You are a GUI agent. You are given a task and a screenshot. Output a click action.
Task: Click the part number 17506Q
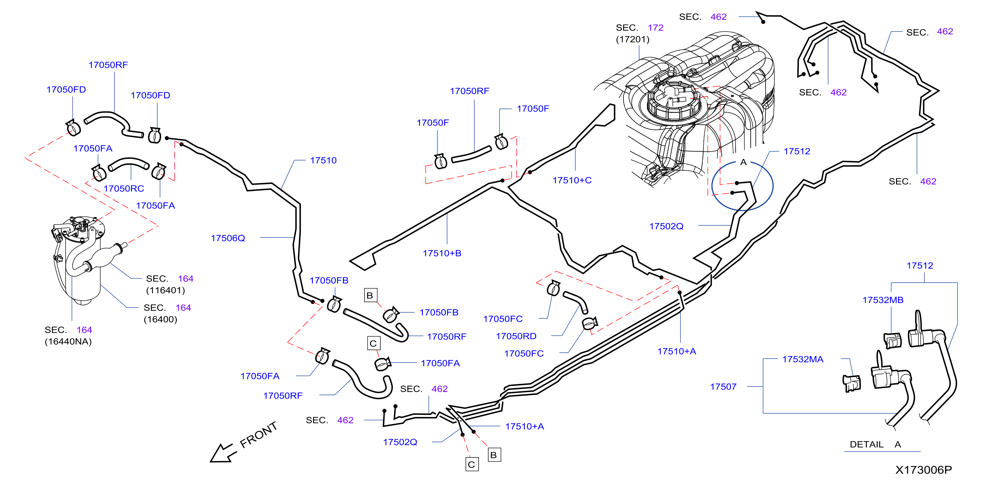pos(228,238)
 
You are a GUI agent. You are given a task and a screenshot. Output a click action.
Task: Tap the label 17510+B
pos(442,253)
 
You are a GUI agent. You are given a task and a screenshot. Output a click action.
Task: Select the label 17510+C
pos(572,180)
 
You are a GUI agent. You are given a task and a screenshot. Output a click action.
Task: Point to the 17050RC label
pos(124,189)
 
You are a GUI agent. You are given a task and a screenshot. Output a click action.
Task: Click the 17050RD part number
pos(516,336)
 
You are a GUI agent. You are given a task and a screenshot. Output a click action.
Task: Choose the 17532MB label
pos(883,300)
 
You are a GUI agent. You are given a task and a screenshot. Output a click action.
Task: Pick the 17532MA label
pos(803,359)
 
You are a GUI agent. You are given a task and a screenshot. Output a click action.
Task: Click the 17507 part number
pos(723,387)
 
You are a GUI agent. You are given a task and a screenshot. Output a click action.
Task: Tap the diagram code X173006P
pos(923,470)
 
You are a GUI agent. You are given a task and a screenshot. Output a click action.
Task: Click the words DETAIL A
pos(875,444)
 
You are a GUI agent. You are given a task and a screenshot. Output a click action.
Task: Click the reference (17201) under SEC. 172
pos(633,39)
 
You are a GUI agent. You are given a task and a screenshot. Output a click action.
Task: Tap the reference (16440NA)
pos(68,342)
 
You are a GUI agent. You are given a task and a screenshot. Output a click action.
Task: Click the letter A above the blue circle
pos(744,162)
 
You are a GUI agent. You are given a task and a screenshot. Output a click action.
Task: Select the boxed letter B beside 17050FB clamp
pos(371,295)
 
